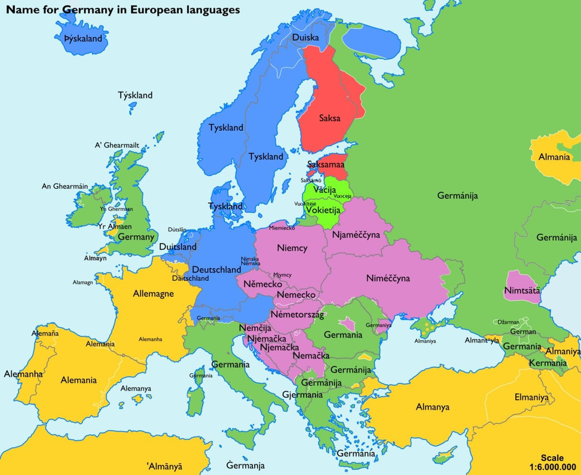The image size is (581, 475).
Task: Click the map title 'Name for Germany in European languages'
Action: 123,10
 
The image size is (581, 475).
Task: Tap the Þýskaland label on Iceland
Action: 84,39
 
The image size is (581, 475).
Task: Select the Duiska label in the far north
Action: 305,37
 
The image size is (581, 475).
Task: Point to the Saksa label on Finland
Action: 329,118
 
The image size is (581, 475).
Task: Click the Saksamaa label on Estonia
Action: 326,165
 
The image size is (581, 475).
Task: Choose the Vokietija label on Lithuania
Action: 323,210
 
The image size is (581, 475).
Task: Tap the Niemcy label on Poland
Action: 292,248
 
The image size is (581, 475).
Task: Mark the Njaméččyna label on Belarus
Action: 356,235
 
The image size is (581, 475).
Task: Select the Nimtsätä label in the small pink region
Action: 521,291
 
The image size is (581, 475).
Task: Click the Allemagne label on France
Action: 153,293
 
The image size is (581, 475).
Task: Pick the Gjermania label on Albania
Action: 302,394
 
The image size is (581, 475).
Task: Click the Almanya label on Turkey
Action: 432,407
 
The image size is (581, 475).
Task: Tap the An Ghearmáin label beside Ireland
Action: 65,186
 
